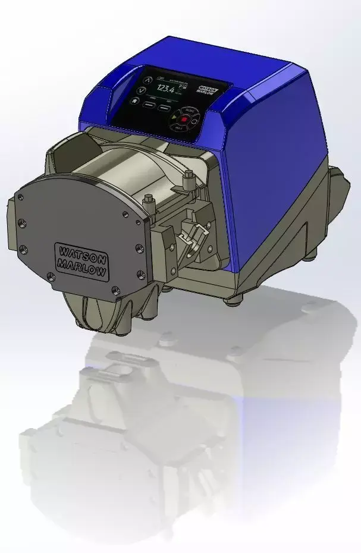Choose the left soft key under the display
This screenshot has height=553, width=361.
pos(149,105)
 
